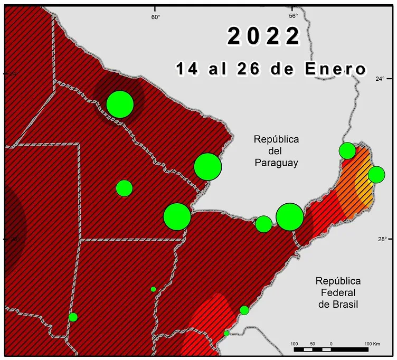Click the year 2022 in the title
(264, 36)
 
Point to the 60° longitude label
(156, 16)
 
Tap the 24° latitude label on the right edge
(380, 79)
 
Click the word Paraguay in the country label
(276, 163)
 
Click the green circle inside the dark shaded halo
(120, 104)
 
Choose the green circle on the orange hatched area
(376, 174)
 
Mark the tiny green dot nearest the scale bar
(226, 333)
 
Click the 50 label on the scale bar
(313, 344)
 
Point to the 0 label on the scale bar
(331, 344)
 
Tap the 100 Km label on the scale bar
(372, 344)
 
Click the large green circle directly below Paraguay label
(289, 216)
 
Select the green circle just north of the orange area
(347, 150)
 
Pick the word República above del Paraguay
(276, 140)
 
